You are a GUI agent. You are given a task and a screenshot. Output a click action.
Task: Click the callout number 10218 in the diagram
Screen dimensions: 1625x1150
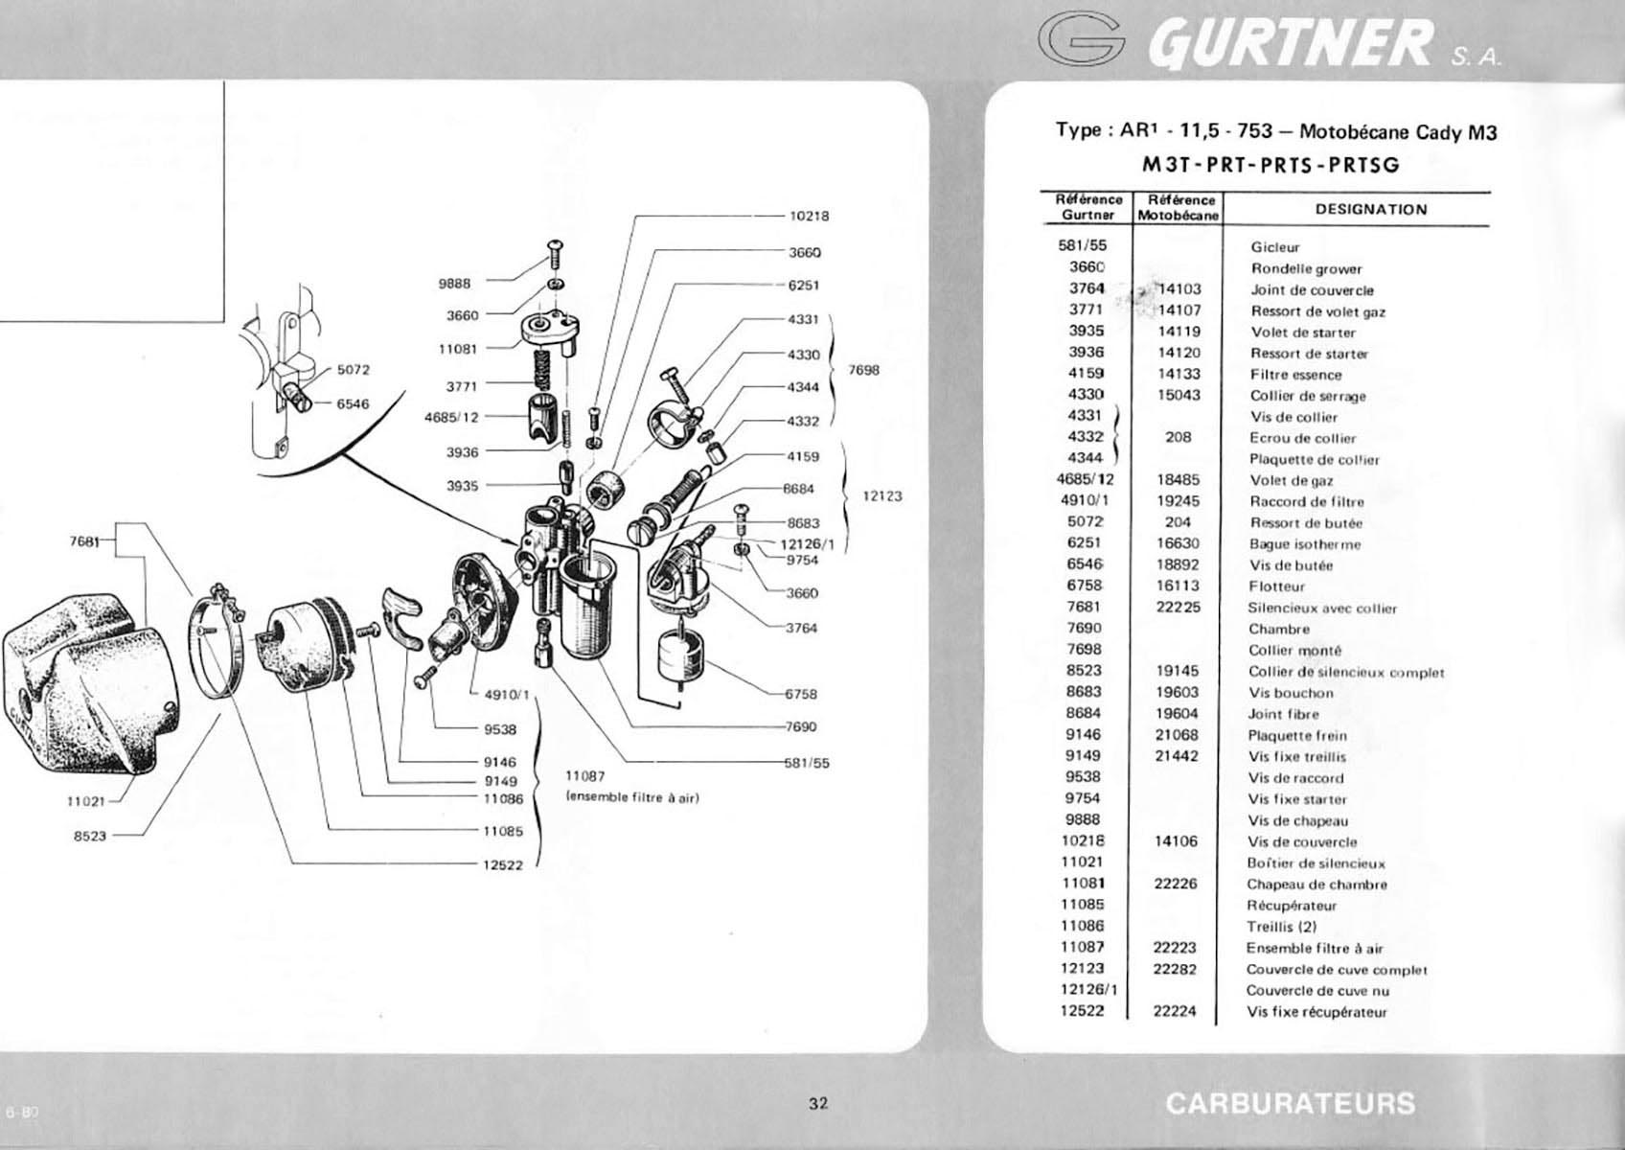[809, 217]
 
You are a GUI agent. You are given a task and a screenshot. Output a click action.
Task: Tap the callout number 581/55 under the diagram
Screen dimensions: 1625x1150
[807, 763]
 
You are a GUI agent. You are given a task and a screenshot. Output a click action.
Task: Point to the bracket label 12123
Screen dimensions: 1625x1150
[882, 496]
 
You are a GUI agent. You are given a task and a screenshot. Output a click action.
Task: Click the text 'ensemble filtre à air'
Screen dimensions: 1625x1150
[631, 798]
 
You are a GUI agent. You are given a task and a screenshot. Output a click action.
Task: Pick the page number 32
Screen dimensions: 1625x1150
[818, 1104]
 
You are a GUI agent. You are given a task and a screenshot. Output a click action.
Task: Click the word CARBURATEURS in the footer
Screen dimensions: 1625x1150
[1290, 1104]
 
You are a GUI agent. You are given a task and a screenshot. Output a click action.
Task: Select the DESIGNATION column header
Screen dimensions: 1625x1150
[1371, 210]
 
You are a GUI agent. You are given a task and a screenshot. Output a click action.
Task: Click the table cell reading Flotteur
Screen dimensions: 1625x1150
[1277, 586]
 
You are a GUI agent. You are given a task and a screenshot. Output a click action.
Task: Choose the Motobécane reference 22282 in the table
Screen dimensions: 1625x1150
[1175, 969]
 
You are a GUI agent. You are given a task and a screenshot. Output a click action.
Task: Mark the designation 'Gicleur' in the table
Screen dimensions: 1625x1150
[1275, 247]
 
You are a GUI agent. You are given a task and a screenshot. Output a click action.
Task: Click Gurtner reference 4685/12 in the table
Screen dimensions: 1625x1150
[1086, 479]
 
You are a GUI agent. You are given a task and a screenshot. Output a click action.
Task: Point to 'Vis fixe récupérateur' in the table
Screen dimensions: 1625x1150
[1316, 1012]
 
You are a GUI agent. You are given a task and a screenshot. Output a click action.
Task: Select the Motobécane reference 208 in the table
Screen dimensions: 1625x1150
[1179, 438]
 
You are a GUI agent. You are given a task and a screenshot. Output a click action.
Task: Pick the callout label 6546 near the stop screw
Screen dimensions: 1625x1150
[353, 404]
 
